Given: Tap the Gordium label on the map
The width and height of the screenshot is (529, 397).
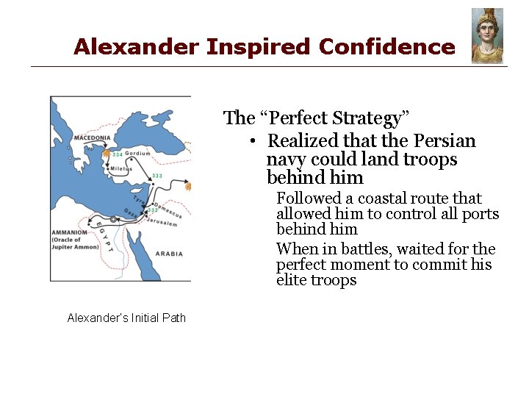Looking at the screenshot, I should (x=137, y=154).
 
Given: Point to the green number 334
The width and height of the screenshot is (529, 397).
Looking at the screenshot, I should (x=118, y=154).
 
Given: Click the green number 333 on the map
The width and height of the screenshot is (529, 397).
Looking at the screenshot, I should (x=156, y=176).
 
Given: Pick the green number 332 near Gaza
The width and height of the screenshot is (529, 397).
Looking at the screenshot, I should (x=152, y=210).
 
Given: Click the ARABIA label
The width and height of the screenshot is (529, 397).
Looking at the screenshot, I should (x=169, y=254).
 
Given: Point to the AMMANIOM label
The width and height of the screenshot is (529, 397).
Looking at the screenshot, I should (x=70, y=232).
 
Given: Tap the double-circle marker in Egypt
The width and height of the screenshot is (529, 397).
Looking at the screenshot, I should (x=112, y=220).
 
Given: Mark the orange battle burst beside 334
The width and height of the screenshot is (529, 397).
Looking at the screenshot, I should (x=107, y=154).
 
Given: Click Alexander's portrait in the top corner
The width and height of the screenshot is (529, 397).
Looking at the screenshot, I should (x=487, y=36).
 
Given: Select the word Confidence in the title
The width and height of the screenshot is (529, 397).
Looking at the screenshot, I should (x=386, y=47).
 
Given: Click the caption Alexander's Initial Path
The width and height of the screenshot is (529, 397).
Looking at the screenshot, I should (x=126, y=318).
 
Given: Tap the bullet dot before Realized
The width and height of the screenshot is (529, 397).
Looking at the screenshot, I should (x=251, y=141).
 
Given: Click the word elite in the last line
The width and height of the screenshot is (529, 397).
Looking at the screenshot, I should (x=292, y=280).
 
